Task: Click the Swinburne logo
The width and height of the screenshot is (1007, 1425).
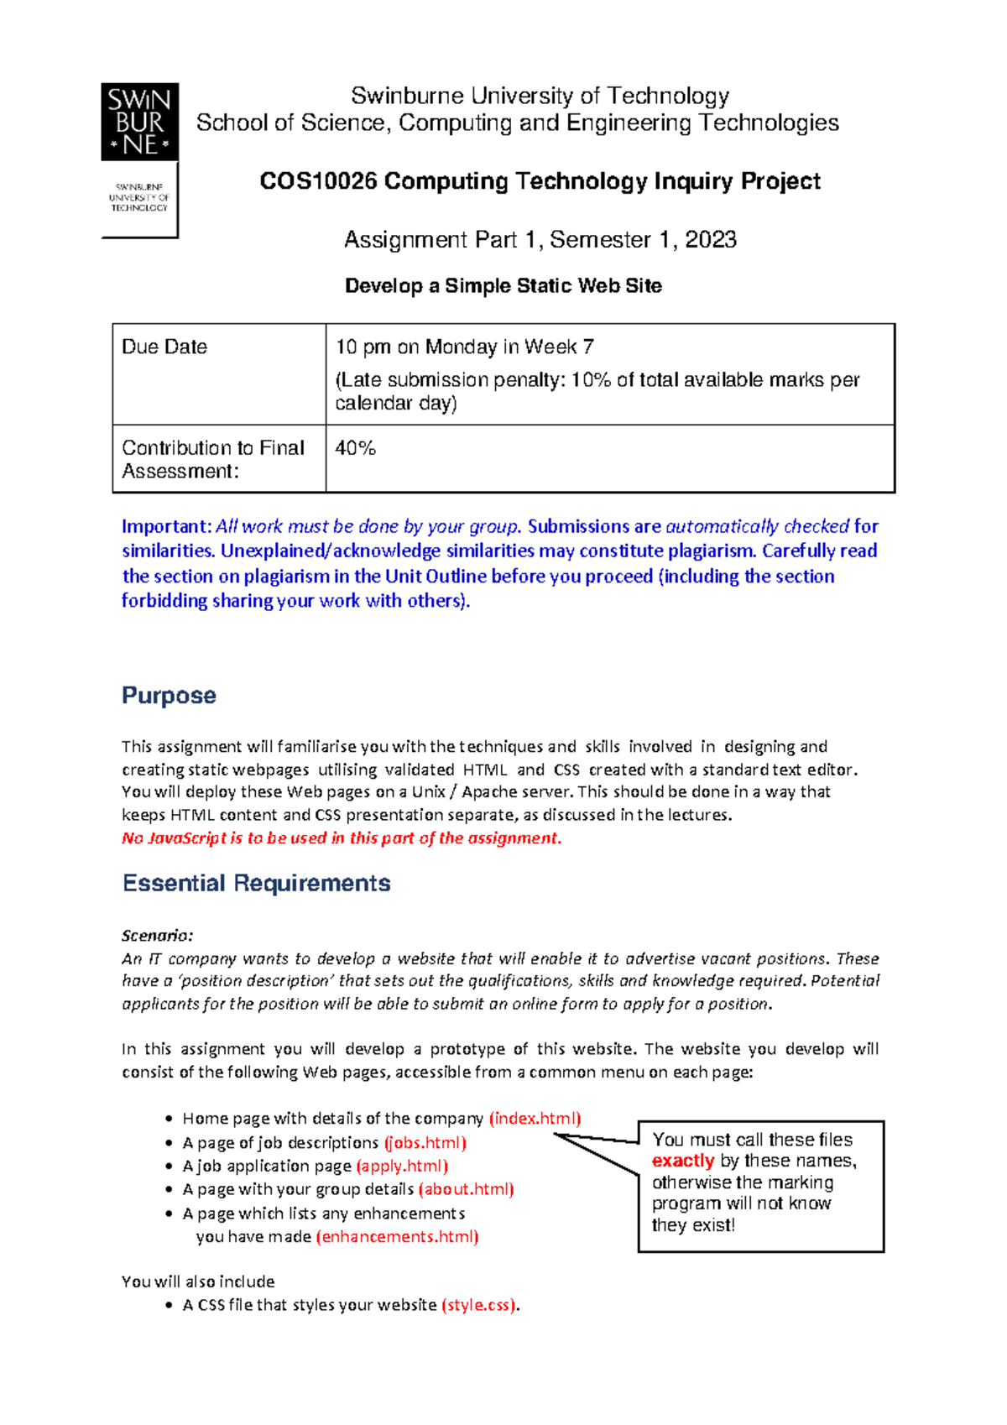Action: click(139, 159)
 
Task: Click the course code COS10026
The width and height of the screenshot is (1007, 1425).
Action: click(318, 181)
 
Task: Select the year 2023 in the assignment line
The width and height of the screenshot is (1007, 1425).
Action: click(711, 240)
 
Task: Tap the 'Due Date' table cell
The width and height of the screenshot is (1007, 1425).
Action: click(164, 347)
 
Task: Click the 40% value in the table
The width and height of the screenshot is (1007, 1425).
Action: click(355, 448)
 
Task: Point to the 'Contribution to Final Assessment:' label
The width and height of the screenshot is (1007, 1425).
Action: click(212, 459)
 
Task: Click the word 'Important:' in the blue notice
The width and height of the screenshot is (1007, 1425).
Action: click(166, 527)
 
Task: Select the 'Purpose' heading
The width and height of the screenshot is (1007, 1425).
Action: click(169, 696)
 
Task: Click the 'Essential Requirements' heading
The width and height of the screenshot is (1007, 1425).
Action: click(256, 884)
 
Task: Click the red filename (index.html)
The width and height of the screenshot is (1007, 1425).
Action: click(535, 1119)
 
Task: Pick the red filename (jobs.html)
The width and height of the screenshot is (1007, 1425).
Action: click(425, 1143)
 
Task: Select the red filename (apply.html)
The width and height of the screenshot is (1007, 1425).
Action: click(402, 1167)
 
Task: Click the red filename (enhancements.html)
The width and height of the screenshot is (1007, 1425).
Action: click(397, 1237)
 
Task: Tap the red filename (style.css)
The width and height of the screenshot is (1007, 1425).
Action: click(479, 1306)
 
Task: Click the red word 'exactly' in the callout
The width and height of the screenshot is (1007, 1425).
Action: click(682, 1161)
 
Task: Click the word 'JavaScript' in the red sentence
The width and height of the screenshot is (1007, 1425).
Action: click(187, 838)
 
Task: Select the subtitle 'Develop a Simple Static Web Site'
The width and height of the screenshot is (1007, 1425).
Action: click(503, 286)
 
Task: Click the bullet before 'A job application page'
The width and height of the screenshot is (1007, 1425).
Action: click(170, 1167)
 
